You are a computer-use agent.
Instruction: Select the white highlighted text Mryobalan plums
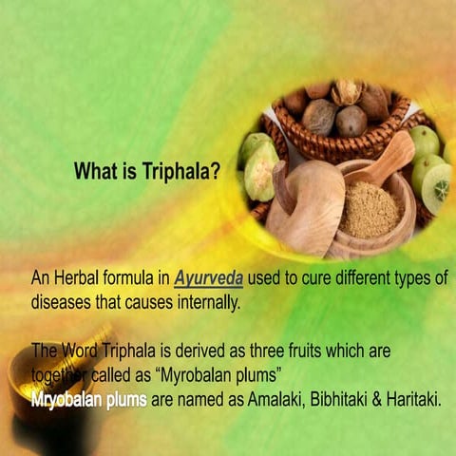[88, 401]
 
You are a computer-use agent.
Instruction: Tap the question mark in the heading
[217, 173]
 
